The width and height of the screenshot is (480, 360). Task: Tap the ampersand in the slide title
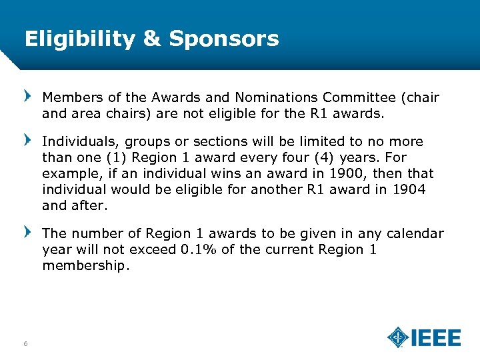pyautogui.click(x=152, y=39)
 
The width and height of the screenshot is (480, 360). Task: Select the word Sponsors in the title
pyautogui.click(x=224, y=39)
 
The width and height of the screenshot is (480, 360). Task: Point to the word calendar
pyautogui.click(x=413, y=233)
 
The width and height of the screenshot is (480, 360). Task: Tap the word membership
pyautogui.click(x=86, y=265)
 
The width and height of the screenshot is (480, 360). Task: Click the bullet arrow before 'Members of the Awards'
pyautogui.click(x=27, y=97)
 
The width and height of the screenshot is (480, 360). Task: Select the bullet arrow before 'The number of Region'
pyautogui.click(x=27, y=233)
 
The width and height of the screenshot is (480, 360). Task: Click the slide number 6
pyautogui.click(x=25, y=343)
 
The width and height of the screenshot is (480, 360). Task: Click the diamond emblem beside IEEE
pyautogui.click(x=398, y=337)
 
